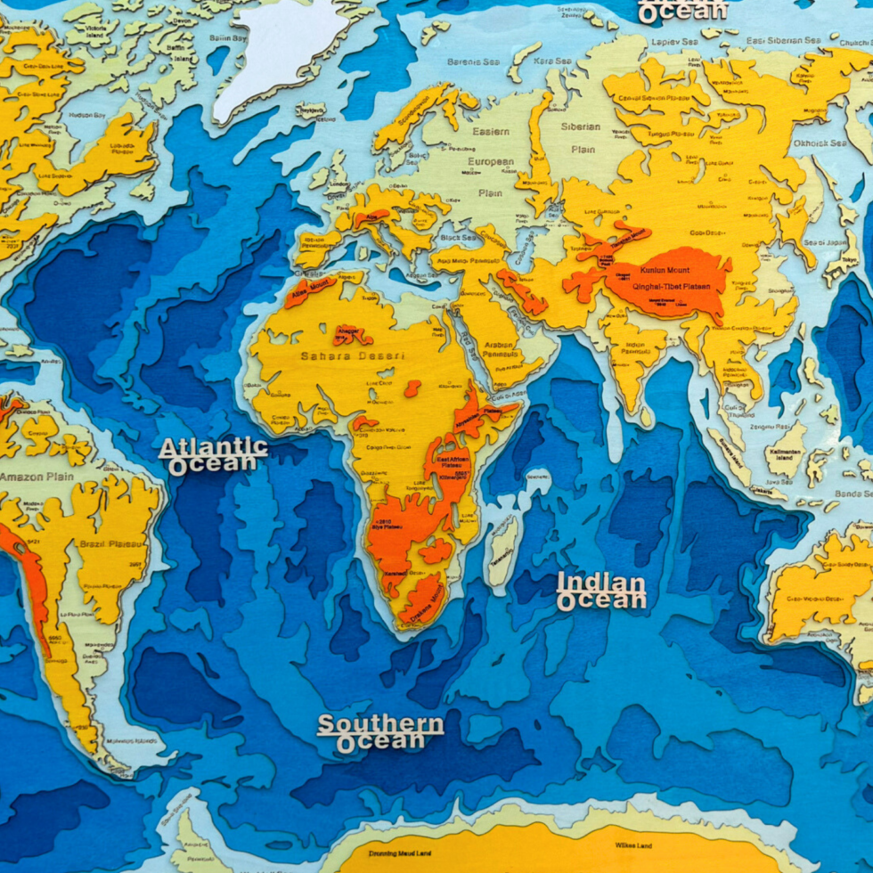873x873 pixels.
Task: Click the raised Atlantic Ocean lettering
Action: (213, 454)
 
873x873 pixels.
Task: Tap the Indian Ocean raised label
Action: (601, 592)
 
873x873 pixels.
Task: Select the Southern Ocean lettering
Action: (380, 731)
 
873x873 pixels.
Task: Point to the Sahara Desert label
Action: (340, 356)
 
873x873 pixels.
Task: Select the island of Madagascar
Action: (503, 549)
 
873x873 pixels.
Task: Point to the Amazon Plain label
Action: (36, 477)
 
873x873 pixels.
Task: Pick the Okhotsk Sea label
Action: (820, 143)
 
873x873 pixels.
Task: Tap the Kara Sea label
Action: (550, 61)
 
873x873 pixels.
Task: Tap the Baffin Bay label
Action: (228, 37)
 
